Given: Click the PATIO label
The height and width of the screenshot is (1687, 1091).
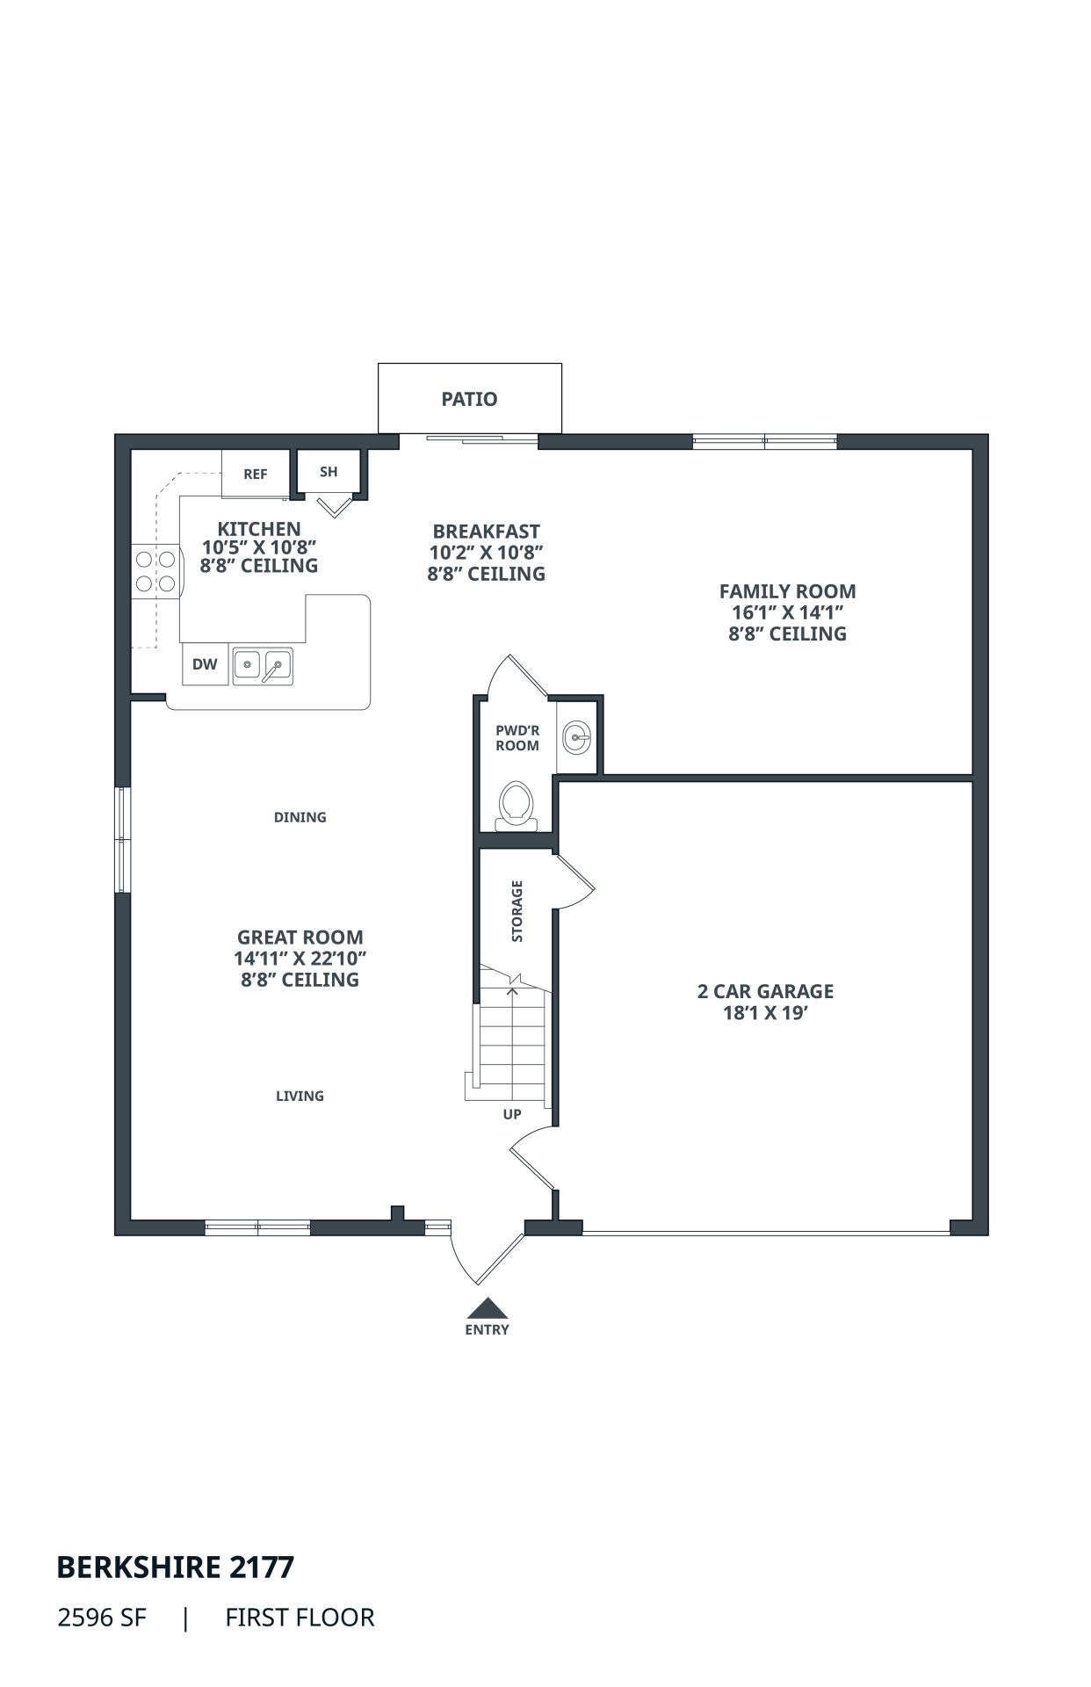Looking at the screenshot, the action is coord(469,399).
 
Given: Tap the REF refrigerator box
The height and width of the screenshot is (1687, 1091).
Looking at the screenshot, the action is coord(255,474).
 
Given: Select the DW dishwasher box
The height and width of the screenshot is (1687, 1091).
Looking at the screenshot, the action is coord(205,664).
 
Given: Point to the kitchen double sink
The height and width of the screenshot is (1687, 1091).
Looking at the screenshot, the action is coord(263,666).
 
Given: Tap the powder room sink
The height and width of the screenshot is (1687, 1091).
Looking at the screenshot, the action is coord(576,736).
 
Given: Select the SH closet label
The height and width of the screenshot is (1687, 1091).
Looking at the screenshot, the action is coord(329,472).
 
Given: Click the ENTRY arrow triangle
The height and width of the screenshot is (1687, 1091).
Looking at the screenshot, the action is coord(487,1308).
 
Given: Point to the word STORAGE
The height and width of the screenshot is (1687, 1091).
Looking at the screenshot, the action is coord(517,911).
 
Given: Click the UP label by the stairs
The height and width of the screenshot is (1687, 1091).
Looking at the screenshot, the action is coord(512,1114).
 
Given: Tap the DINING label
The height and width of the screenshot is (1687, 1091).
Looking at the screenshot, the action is coord(300,817).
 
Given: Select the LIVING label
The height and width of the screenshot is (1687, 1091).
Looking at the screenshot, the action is coord(300,1096).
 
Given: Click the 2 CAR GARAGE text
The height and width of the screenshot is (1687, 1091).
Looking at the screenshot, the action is coord(766,991).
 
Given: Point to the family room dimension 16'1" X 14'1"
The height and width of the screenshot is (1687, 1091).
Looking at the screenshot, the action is coord(788,612).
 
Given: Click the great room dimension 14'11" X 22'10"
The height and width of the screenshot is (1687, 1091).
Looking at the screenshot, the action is coord(300,958).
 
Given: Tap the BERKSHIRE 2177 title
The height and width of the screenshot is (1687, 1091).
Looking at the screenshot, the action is coord(176,1567).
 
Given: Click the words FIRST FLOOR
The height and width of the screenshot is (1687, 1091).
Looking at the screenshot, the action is coord(300,1618).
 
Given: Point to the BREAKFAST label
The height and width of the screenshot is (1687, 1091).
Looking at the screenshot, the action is coord(487,532).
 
